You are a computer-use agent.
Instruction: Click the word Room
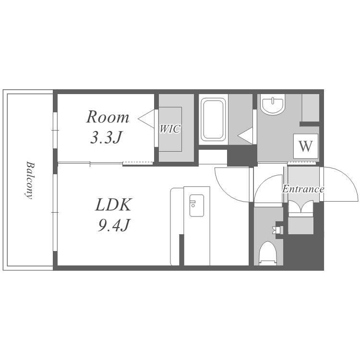108,117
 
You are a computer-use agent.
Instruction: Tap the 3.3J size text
106,138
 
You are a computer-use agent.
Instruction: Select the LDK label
113,205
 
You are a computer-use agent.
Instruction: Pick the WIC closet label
170,129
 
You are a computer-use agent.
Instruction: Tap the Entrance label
303,189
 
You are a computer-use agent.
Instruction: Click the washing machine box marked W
306,146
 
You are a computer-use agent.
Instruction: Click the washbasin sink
273,105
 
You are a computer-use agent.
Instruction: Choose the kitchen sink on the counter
196,205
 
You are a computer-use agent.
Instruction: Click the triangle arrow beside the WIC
146,119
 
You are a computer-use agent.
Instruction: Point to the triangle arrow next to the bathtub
245,136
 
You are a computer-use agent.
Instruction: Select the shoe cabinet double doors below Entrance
300,206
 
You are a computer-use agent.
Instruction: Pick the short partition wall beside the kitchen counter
181,250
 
